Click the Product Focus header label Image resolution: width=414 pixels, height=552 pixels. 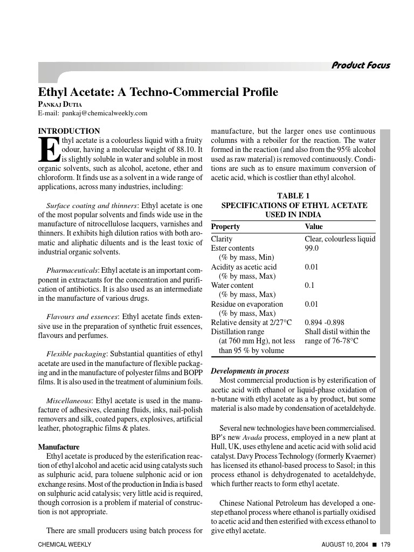361,66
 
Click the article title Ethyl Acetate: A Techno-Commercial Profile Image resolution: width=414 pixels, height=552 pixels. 158,92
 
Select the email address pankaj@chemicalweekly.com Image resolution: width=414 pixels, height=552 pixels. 104,113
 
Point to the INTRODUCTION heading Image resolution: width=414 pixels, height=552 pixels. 69,131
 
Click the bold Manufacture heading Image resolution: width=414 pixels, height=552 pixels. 59,447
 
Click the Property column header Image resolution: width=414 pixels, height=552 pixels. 225,226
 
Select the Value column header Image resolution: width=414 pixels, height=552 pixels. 314,226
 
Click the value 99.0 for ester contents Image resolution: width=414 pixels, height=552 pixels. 312,248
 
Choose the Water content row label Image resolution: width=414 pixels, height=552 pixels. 232,285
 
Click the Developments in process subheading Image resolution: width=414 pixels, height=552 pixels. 250,371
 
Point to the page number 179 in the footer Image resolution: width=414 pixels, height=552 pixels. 385,544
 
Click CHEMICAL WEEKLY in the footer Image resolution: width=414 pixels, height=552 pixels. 64,544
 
